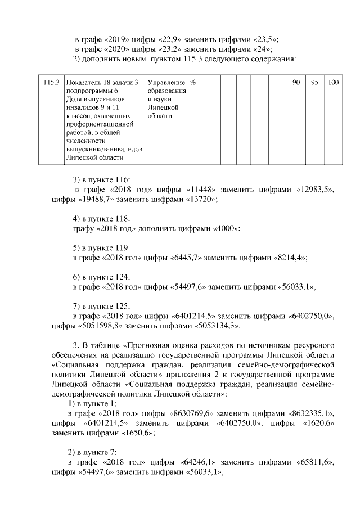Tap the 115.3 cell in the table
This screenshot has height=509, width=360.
point(51,83)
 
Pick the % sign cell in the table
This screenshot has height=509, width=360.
point(193,83)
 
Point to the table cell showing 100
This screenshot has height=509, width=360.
point(333,83)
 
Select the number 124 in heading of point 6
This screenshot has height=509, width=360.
point(121,277)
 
